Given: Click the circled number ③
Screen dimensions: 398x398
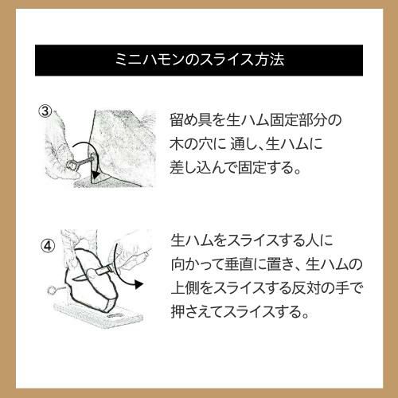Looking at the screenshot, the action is [x=45, y=111].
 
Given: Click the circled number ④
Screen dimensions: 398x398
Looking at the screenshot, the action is [x=48, y=247].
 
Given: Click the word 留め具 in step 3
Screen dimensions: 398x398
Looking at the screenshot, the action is [x=190, y=120].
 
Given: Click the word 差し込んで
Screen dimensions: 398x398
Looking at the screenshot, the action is [x=203, y=167].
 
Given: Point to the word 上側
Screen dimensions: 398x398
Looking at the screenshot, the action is [x=185, y=288].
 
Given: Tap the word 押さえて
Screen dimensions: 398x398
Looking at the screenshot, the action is [x=197, y=311].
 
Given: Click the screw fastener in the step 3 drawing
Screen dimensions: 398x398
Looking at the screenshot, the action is [x=80, y=163].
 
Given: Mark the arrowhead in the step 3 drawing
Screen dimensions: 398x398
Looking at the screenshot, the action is [x=94, y=175].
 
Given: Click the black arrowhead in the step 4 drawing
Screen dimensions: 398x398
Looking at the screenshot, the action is [x=139, y=284].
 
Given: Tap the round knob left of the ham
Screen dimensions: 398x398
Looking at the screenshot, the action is [x=52, y=290].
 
